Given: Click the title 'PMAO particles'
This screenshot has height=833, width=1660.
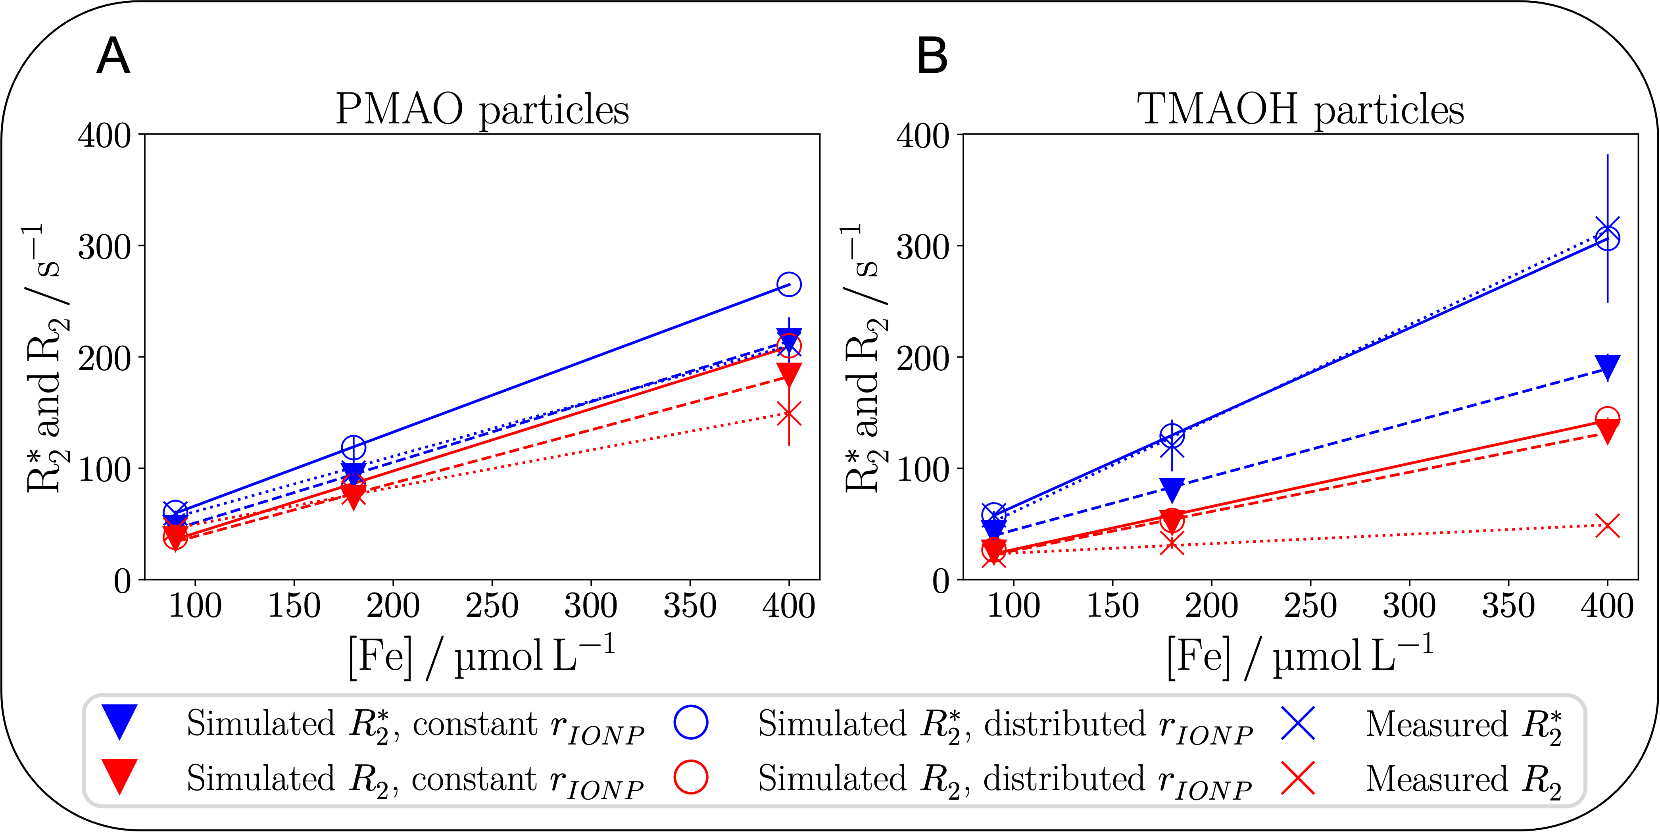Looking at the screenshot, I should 482,110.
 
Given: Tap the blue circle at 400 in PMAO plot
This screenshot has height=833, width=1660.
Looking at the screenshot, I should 789,284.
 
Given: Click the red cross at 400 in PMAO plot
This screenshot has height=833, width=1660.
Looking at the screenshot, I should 789,415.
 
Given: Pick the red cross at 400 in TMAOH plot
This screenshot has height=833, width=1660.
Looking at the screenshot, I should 1607,525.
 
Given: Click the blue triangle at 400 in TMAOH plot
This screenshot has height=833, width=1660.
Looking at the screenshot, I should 1607,366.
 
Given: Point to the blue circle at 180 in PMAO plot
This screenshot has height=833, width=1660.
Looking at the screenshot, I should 353,447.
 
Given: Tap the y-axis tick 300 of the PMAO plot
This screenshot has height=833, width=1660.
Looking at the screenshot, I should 104,247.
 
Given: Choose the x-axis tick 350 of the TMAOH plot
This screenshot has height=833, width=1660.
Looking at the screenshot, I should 1508,606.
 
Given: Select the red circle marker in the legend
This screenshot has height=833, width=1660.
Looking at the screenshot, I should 691,777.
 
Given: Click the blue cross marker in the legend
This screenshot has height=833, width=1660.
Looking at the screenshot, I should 1298,722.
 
